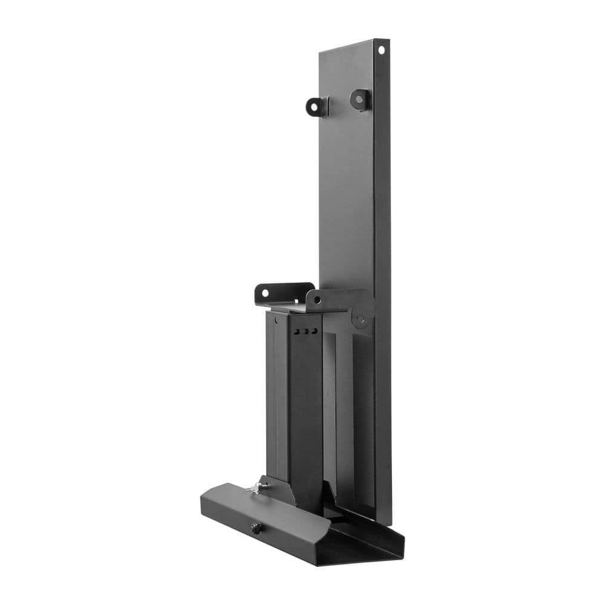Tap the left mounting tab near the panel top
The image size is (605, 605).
[316, 106]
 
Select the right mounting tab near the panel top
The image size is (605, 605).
[361, 99]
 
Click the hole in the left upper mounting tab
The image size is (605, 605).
[313, 108]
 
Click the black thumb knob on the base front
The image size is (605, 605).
[256, 528]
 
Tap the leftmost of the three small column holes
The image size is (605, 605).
[296, 332]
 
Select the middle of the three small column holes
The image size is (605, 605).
[306, 331]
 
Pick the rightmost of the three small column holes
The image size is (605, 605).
[314, 330]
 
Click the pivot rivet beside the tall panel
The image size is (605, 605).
[362, 319]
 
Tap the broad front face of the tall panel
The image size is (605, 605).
[346, 181]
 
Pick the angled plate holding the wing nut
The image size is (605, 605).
[275, 490]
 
